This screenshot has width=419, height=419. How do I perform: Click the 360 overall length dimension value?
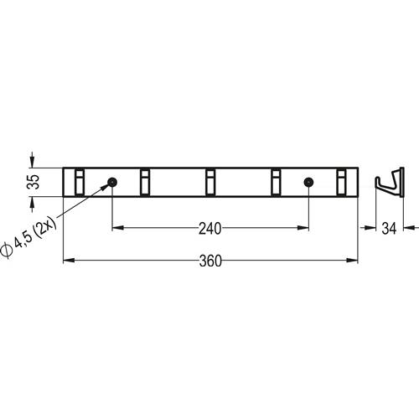point(210,261)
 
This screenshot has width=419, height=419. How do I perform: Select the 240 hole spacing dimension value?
point(210,229)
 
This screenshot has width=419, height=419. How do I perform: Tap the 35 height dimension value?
point(34,182)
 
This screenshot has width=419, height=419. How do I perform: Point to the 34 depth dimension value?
point(389,229)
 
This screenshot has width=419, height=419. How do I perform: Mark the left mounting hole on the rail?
point(112,183)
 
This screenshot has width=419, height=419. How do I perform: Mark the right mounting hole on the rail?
point(308,183)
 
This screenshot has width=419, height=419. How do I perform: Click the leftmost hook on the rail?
point(80,182)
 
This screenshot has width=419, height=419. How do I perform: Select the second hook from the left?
point(145,182)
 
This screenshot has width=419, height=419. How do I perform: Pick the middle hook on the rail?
point(210,182)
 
